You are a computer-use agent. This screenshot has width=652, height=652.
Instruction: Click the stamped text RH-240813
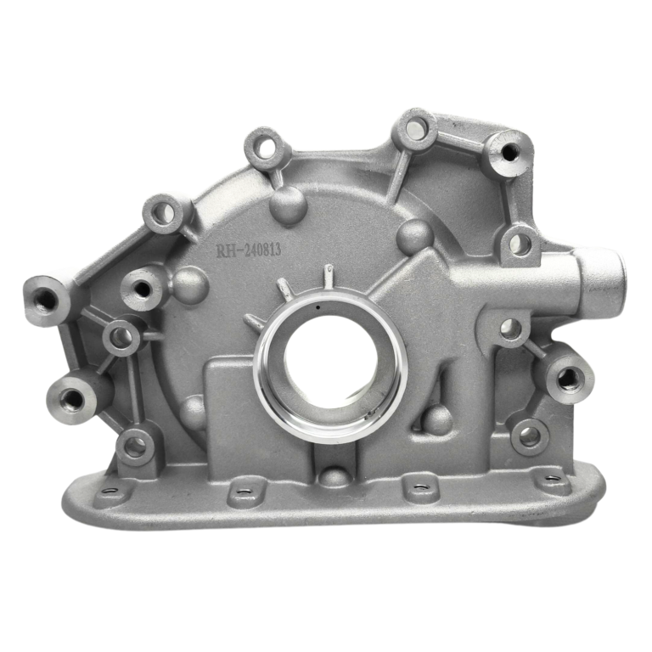(249, 250)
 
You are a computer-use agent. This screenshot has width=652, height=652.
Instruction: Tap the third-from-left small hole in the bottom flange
(419, 486)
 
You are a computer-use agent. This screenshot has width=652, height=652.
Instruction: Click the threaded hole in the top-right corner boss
(509, 152)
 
